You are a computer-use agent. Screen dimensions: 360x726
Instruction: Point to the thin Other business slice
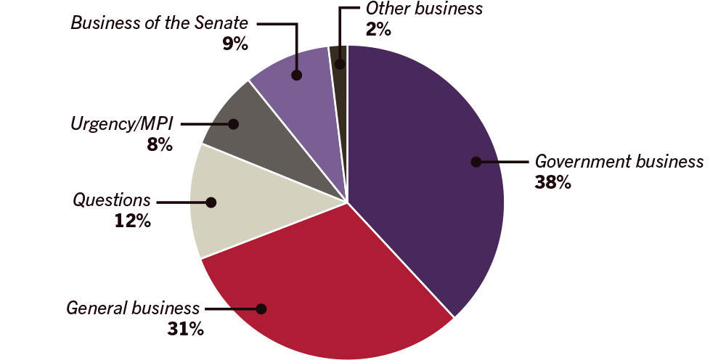[x=339, y=54]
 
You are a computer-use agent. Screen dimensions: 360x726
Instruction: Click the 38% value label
[x=552, y=182]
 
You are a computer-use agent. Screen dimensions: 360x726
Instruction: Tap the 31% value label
[x=185, y=329]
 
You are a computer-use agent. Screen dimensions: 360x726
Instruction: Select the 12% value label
[x=132, y=221]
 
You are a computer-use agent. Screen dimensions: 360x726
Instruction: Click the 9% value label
[x=235, y=44]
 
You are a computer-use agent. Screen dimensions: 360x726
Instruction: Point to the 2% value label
[x=378, y=29]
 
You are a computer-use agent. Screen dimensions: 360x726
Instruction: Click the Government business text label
[x=619, y=161]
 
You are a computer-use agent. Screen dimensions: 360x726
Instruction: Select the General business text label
[x=133, y=308]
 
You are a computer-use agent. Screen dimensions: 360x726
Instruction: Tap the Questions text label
[x=111, y=200]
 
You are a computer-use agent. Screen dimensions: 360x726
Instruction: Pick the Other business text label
[x=424, y=9]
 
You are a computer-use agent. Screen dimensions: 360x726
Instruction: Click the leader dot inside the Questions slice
[x=211, y=203]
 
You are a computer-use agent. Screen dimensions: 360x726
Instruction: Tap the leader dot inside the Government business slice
[x=476, y=161]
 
